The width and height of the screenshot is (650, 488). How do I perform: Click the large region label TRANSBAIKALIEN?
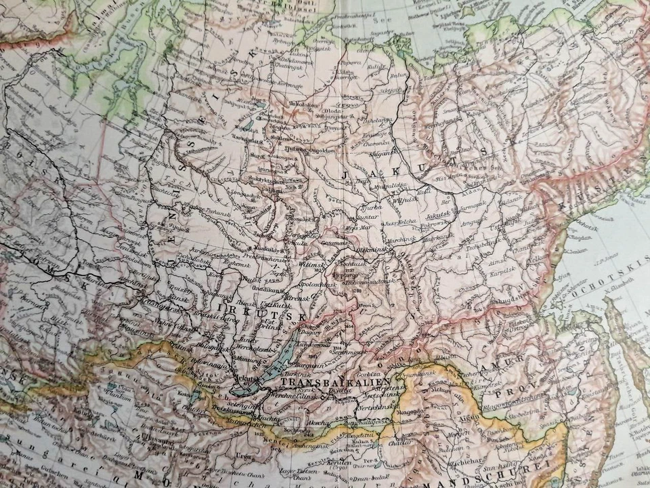337,383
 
